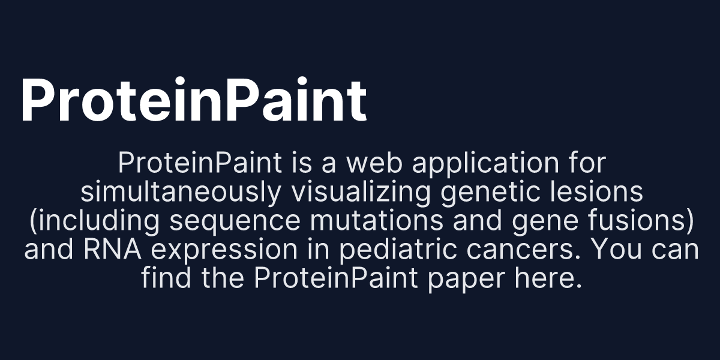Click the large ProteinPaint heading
click(x=193, y=100)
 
